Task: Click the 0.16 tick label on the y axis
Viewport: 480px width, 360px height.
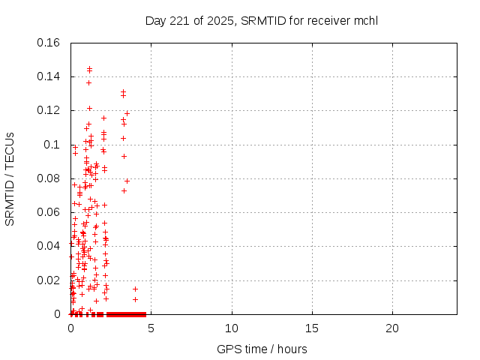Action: (49, 43)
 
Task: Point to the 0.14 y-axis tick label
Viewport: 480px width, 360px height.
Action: (49, 76)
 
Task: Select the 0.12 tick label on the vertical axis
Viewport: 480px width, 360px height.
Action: (49, 110)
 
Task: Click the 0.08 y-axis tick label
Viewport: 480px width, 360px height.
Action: (49, 178)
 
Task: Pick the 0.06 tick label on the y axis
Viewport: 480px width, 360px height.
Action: (49, 212)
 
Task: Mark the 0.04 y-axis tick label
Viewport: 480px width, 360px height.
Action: (49, 246)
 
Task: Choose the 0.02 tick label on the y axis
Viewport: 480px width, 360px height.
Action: (49, 280)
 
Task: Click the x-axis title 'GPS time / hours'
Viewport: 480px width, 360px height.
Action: (262, 349)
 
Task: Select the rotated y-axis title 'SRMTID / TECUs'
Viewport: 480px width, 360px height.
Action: (10, 178)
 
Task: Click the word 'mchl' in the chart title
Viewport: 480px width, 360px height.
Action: (366, 20)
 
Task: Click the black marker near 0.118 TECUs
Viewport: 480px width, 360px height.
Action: (127, 113)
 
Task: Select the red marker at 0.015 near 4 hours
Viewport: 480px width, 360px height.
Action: (135, 289)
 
